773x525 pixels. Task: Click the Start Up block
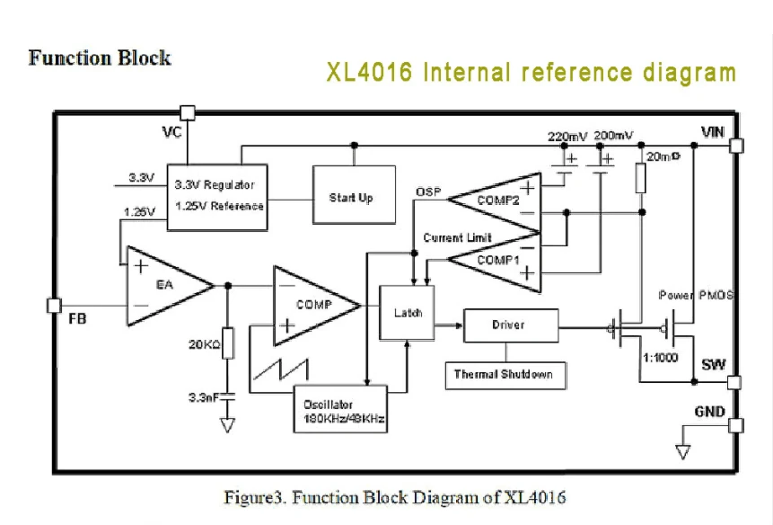click(354, 195)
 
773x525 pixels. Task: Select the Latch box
click(408, 313)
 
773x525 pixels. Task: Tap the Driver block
click(511, 325)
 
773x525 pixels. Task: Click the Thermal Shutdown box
click(505, 376)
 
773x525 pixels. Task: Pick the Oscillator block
click(340, 410)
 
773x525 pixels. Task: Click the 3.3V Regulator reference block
click(217, 198)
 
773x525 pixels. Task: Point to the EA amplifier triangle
click(171, 286)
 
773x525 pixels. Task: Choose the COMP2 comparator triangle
click(494, 201)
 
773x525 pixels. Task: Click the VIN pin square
click(735, 146)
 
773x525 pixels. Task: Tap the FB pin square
click(54, 306)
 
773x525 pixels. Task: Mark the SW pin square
click(734, 382)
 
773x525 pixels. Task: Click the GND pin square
click(735, 425)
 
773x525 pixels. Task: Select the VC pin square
click(188, 113)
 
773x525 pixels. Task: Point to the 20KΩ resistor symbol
click(228, 343)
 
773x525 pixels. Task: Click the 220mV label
click(567, 136)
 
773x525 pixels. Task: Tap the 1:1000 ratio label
click(661, 358)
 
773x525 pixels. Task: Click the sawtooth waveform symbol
click(281, 369)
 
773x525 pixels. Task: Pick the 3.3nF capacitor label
click(204, 397)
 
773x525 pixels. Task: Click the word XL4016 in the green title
click(369, 73)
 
